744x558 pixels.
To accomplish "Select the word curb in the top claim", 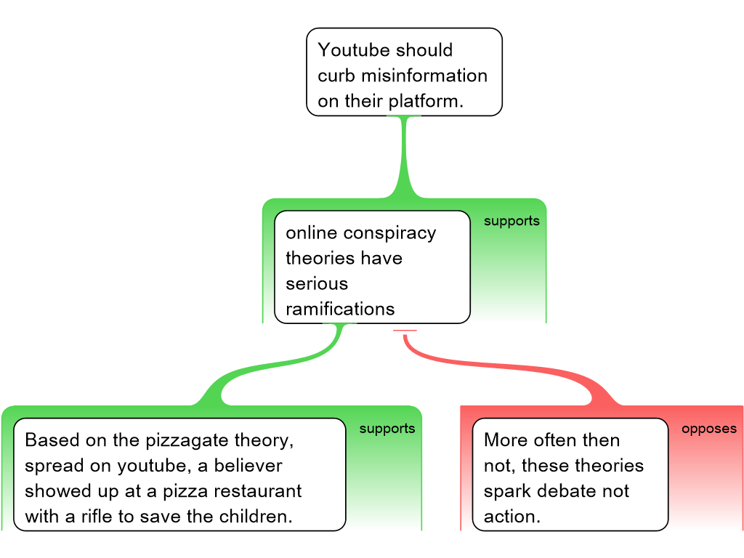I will click(336, 76).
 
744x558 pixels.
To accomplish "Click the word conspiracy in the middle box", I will click(389, 232).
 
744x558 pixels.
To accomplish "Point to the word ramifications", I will click(340, 309).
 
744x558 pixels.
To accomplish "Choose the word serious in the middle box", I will click(317, 283).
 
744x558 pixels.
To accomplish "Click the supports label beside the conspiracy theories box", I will click(511, 221).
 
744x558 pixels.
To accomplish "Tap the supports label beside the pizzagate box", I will click(387, 429).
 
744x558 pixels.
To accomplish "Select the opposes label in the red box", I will click(708, 429).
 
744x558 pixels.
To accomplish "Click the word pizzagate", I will click(190, 440).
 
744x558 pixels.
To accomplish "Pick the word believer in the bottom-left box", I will click(247, 466).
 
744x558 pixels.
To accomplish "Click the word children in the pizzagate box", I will click(256, 517).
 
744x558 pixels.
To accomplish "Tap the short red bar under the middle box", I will click(405, 331).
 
